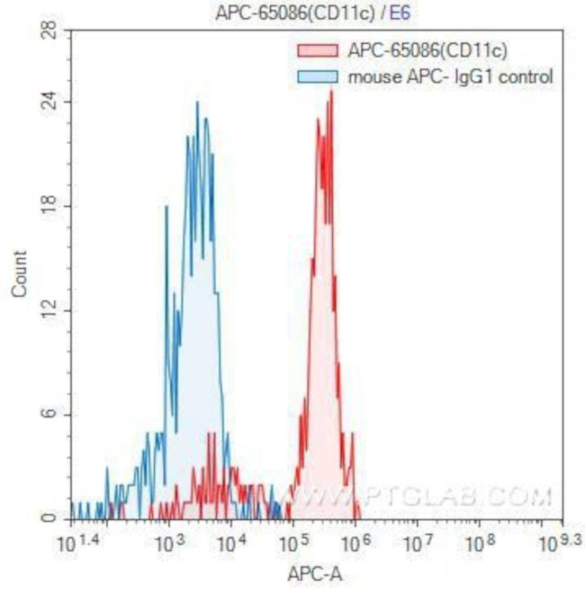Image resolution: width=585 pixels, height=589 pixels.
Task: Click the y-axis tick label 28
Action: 50,31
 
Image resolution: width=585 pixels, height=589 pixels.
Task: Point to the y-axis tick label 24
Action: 50,101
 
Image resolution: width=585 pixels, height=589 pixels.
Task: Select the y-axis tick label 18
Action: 50,205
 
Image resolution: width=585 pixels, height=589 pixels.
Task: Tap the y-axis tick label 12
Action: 50,310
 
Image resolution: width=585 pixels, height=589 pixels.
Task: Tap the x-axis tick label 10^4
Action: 232,543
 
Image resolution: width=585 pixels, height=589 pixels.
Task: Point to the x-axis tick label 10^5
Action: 294,543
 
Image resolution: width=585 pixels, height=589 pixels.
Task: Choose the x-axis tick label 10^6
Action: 357,543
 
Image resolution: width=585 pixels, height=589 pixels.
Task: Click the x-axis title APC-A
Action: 316,572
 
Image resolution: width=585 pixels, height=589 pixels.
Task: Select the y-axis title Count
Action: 19,274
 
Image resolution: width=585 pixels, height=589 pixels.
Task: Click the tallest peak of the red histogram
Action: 331,93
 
